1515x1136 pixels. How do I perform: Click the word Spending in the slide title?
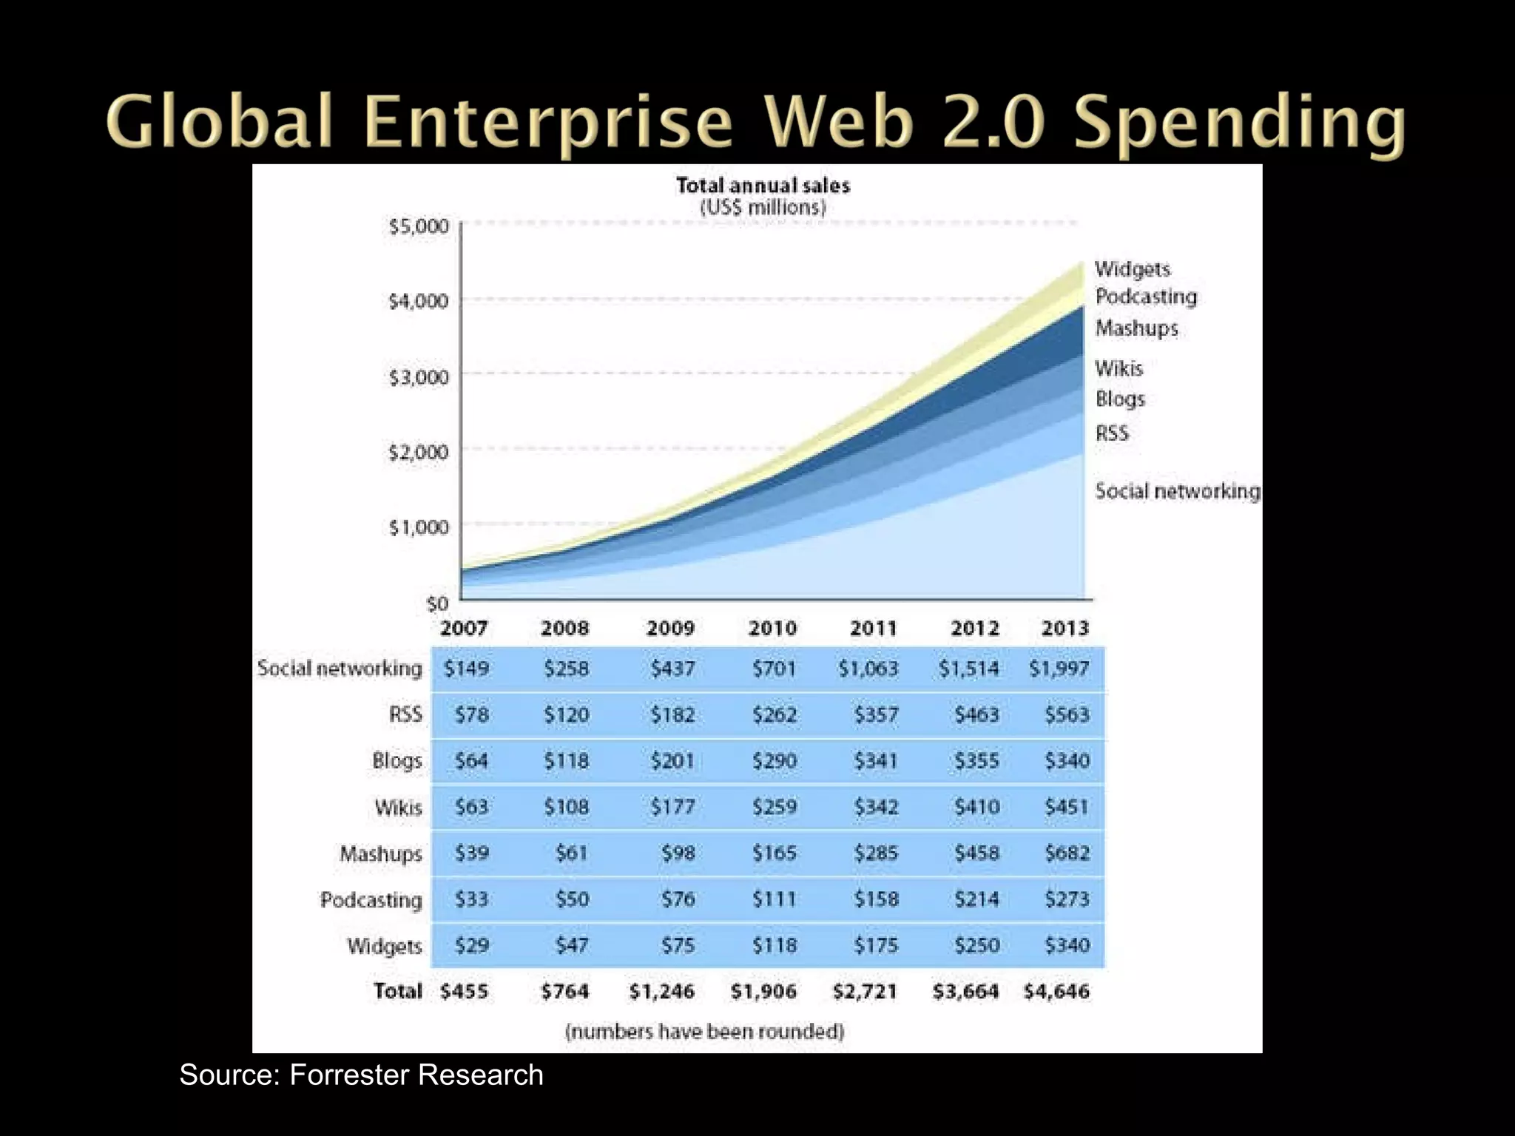(x=1239, y=122)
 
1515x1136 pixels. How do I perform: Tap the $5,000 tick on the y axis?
(x=419, y=226)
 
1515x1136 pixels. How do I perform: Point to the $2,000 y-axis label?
(x=419, y=451)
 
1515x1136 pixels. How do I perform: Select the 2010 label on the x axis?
(x=772, y=628)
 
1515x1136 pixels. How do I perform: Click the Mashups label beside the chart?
(x=1136, y=328)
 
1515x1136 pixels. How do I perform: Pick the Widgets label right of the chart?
(x=1133, y=268)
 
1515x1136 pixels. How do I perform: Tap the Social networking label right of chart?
(x=1177, y=491)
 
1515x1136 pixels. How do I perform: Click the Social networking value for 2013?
(x=1059, y=669)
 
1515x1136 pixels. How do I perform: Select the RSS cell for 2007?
(x=471, y=714)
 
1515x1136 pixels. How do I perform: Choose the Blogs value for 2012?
(x=976, y=760)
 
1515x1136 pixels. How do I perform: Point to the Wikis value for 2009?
(x=672, y=807)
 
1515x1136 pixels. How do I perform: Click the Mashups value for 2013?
(x=1067, y=853)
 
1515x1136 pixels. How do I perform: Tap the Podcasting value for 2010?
(x=774, y=899)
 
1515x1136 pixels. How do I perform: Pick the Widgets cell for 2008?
(x=572, y=945)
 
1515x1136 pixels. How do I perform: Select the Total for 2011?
(x=865, y=991)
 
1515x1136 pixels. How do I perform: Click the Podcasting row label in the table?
(x=371, y=900)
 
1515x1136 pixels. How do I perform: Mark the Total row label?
(x=397, y=991)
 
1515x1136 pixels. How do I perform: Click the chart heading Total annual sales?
(x=763, y=186)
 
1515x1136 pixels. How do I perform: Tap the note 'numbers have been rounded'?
(x=704, y=1031)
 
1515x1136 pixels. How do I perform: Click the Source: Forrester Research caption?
(x=361, y=1075)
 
